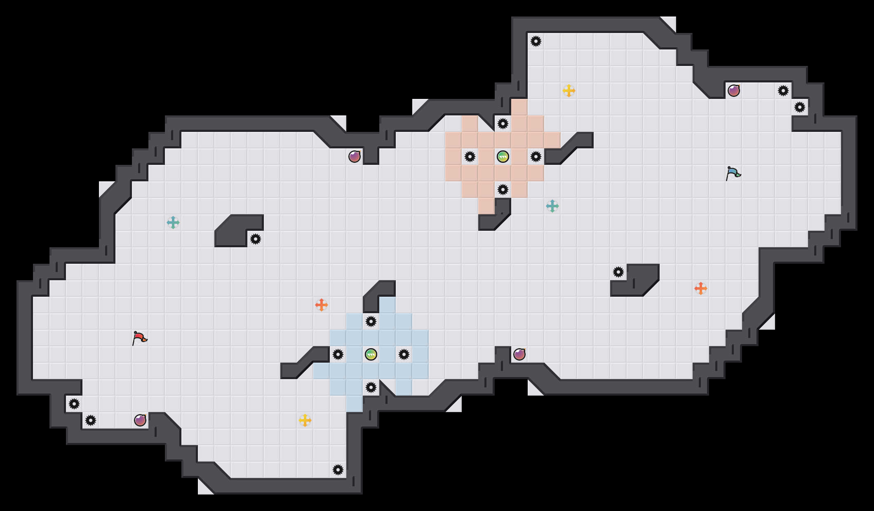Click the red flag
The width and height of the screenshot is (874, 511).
[x=139, y=338]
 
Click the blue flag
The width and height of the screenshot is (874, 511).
[x=733, y=173]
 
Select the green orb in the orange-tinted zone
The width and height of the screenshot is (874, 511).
[x=503, y=157]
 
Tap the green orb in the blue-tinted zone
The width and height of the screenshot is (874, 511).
[x=371, y=354]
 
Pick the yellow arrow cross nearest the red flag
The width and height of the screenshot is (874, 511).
[x=305, y=420]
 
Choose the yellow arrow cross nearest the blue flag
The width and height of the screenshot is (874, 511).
[x=569, y=91]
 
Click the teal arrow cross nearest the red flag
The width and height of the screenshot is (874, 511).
[x=173, y=223]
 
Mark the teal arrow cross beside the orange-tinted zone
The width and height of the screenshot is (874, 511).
[x=552, y=206]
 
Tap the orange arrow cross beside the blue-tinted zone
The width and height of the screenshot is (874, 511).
[x=322, y=305]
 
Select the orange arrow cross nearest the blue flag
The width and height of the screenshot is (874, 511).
[x=701, y=288]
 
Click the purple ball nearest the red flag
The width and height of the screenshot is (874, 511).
[x=140, y=420]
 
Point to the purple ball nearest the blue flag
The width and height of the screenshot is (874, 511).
[x=734, y=91]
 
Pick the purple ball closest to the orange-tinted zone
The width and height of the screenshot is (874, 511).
[x=355, y=157]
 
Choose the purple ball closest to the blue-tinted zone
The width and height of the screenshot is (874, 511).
[x=519, y=354]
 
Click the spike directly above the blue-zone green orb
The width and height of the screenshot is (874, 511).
[x=371, y=321]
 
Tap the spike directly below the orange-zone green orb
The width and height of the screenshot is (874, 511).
[x=503, y=190]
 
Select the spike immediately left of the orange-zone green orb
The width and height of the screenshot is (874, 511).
[x=470, y=157]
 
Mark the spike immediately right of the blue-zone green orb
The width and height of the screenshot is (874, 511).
[x=404, y=354]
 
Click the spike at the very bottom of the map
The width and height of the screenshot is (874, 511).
[x=338, y=470]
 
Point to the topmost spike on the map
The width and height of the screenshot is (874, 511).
[x=536, y=41]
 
